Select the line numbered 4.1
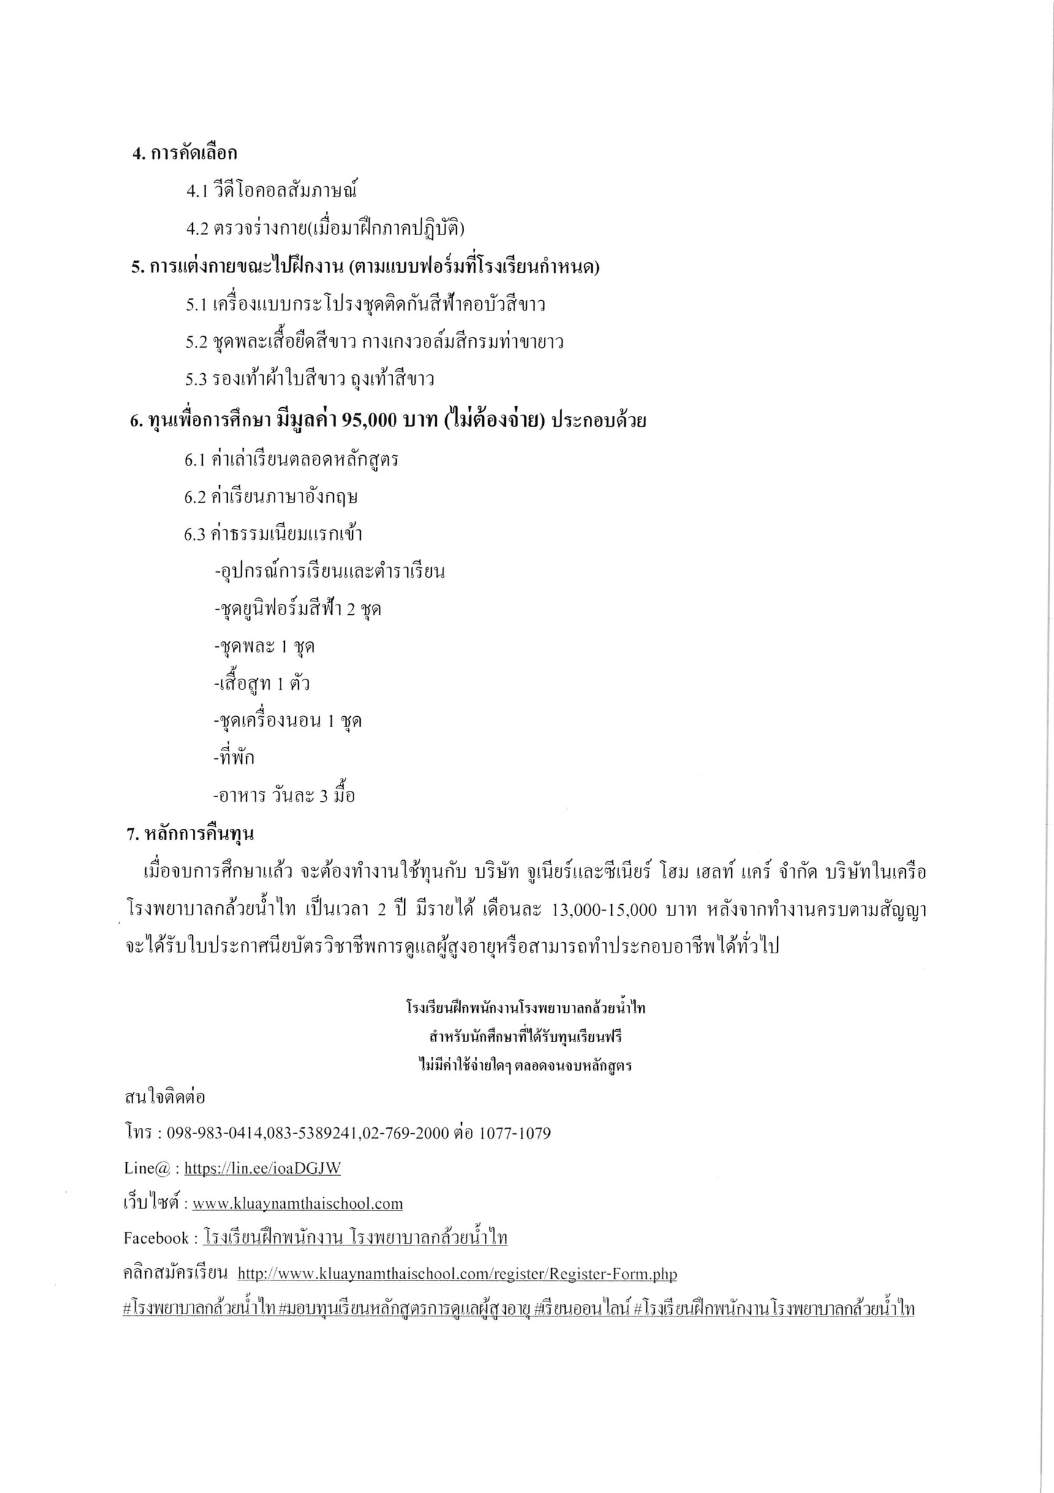[x=272, y=191]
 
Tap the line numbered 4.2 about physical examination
[x=325, y=229]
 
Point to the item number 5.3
[x=196, y=379]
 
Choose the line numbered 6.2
[x=271, y=497]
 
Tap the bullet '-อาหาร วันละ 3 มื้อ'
[x=284, y=795]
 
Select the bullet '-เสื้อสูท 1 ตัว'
[x=262, y=684]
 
